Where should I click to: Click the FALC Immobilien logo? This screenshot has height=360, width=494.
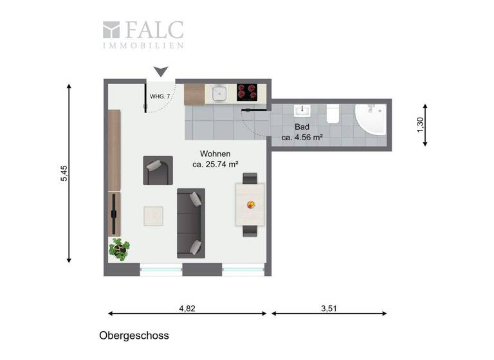tap(143, 34)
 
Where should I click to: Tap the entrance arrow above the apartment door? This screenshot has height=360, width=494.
tap(161, 71)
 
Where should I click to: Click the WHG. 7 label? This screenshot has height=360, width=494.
tap(160, 96)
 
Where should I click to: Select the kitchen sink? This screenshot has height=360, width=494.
tap(219, 93)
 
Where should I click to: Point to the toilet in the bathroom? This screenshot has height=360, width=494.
tap(333, 114)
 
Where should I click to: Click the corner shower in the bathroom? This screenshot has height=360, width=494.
tap(371, 120)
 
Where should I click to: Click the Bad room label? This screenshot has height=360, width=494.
tap(302, 127)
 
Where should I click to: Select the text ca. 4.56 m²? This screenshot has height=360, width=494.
tap(302, 138)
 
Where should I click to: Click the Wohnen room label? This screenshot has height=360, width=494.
tap(215, 154)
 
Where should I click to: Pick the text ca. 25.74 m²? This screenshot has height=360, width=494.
tap(215, 164)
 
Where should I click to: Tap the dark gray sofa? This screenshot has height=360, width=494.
tap(191, 222)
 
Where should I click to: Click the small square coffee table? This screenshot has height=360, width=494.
tap(154, 216)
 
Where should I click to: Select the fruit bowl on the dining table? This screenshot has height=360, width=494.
tap(251, 205)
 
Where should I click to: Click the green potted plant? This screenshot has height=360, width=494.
tap(119, 248)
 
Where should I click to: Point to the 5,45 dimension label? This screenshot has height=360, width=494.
tap(64, 174)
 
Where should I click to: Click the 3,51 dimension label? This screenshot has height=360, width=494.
tap(329, 309)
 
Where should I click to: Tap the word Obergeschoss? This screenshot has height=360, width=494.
tap(134, 336)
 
